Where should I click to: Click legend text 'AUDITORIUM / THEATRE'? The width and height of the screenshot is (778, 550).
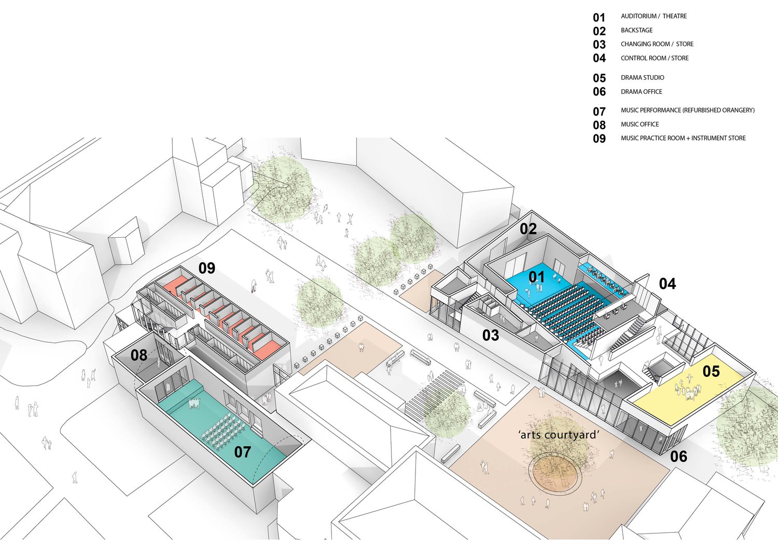654,17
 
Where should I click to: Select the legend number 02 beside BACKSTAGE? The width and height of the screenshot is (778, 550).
599,31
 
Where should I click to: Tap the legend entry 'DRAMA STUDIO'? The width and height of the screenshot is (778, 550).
642,78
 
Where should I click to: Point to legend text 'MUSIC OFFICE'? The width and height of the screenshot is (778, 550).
640,125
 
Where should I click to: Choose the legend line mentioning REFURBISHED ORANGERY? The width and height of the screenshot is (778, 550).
687,111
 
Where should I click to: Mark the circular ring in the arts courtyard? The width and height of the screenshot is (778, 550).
555,472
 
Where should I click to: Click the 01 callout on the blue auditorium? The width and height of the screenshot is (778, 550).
536,277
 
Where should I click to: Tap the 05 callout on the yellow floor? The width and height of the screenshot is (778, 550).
711,372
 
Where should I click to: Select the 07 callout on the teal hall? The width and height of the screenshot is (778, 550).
242,452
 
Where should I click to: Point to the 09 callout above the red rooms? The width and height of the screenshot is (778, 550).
206,268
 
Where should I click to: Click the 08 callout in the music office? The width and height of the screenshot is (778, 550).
138,355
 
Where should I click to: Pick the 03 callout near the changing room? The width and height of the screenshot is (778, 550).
490,336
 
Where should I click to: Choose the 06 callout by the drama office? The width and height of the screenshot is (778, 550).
678,457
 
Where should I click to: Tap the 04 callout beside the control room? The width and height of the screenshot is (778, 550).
667,284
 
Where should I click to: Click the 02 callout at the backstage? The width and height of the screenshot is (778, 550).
528,229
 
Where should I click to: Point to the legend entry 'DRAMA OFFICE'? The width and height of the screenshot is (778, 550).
641,92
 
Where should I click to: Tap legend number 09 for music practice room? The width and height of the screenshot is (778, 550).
599,139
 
